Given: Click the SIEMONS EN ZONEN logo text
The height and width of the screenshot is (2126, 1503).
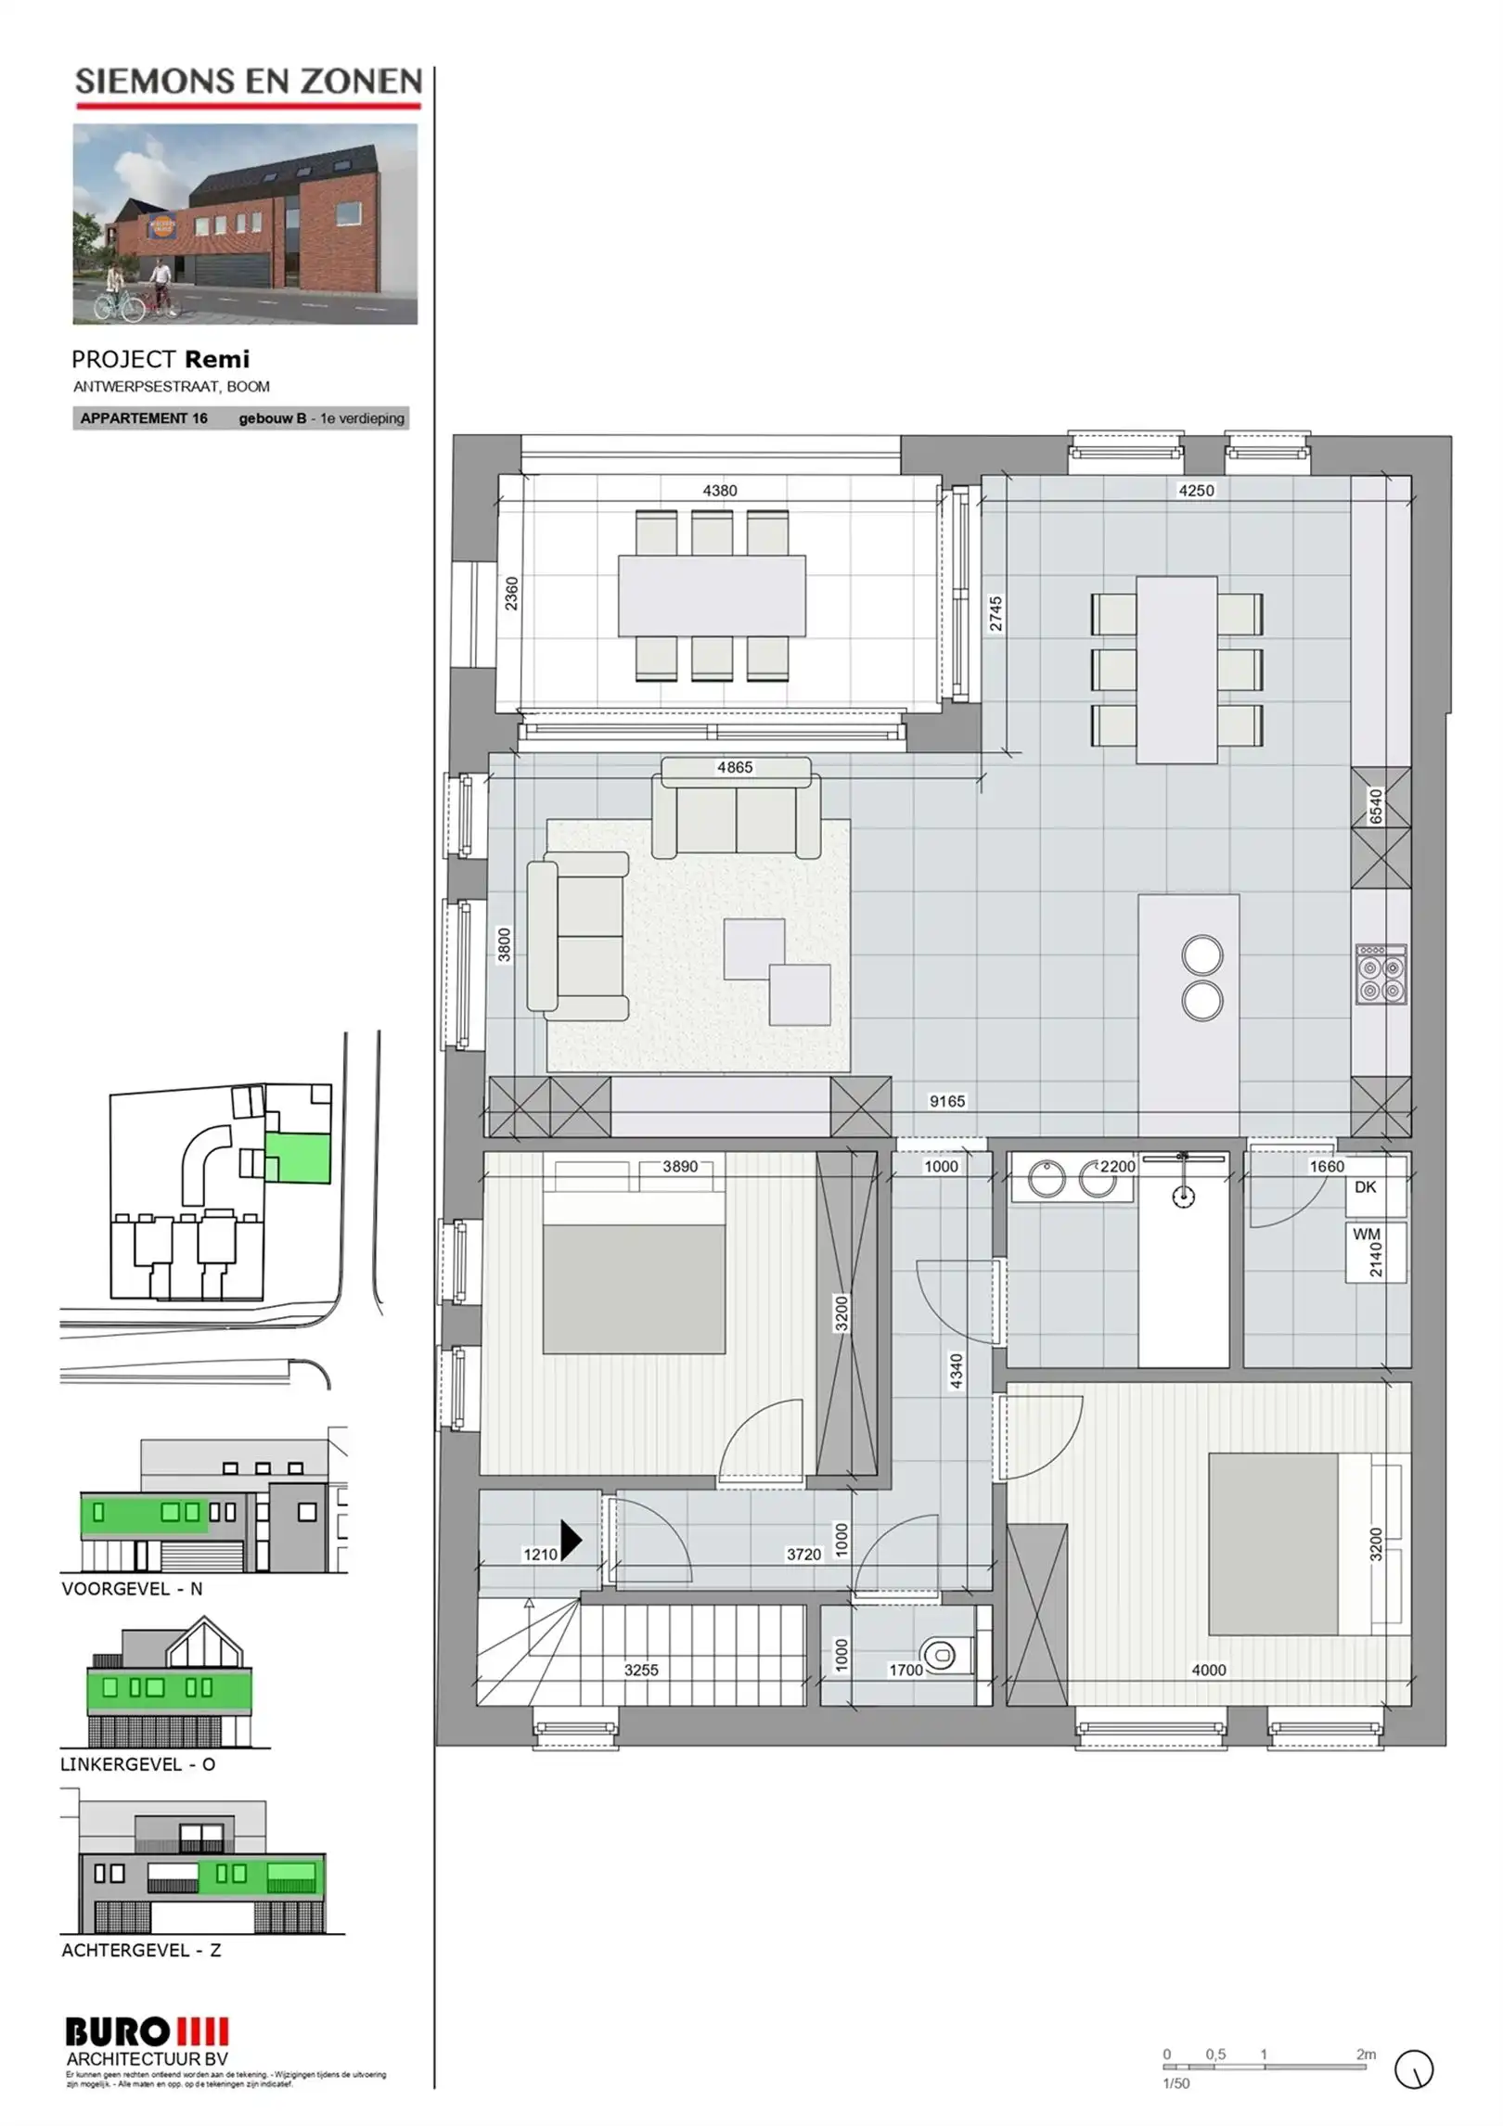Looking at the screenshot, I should [248, 82].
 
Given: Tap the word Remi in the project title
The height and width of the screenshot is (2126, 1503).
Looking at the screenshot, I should [217, 359].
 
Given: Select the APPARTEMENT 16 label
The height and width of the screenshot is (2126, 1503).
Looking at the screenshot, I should [144, 418].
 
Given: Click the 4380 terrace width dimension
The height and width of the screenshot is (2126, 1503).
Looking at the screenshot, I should [719, 491].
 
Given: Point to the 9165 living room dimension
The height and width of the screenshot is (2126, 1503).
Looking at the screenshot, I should [946, 1101].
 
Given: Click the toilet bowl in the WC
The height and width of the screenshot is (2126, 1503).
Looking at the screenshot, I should [940, 1654].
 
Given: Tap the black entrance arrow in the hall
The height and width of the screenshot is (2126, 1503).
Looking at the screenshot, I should [571, 1540].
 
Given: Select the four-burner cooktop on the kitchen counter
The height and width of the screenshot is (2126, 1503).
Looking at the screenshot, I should [1381, 975].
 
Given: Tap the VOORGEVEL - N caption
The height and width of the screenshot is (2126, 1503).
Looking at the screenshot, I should [132, 1589].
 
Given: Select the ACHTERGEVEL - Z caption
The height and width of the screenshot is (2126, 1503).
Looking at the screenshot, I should [141, 1951].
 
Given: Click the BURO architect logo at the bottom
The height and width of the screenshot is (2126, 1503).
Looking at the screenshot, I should [147, 2032].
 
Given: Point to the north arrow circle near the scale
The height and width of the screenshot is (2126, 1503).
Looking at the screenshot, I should [1413, 2069].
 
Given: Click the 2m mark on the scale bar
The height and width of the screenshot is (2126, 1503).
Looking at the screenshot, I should [1365, 2055].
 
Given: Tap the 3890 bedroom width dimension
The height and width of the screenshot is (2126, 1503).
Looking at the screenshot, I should [679, 1167].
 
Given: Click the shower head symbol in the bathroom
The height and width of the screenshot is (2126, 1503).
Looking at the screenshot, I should [1183, 1197].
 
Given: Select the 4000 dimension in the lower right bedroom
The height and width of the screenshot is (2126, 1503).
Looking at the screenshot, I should [1208, 1670].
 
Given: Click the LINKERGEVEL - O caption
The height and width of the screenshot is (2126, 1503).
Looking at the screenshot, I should [138, 1764].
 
